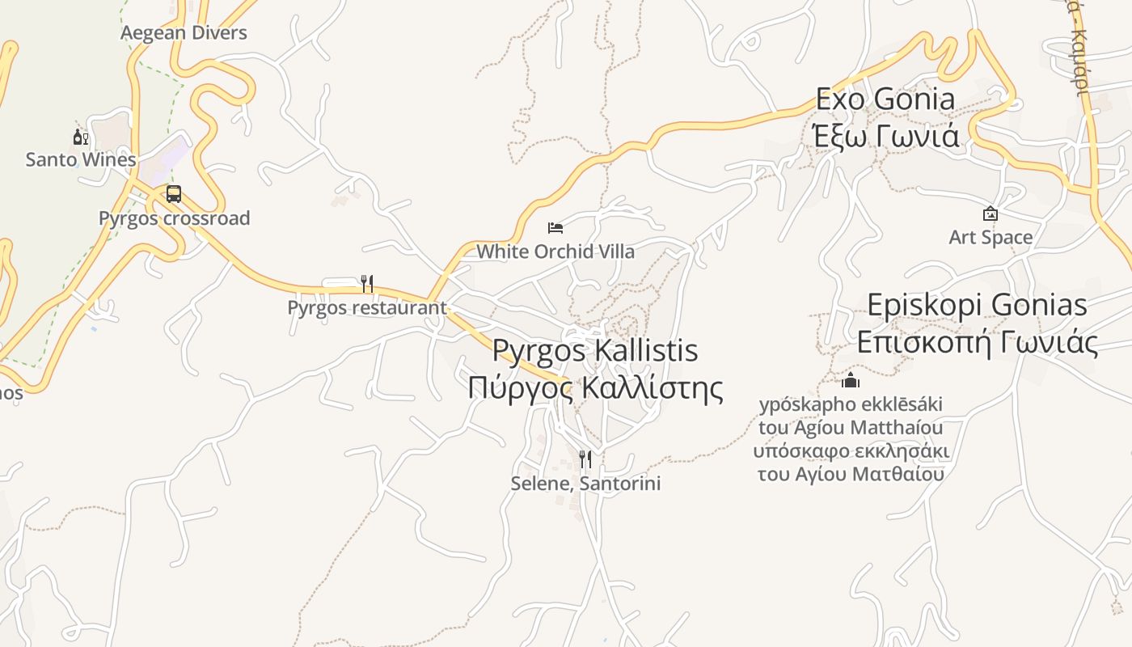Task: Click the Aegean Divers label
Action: click(184, 33)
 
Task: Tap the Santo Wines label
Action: click(81, 159)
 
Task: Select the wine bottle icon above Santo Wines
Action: click(80, 137)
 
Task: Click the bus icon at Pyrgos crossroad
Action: click(174, 194)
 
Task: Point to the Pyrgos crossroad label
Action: click(174, 218)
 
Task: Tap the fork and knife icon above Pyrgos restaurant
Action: click(366, 283)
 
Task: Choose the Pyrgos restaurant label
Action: click(366, 307)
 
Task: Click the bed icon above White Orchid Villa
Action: click(555, 228)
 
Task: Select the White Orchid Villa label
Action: click(555, 252)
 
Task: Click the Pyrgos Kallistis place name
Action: click(595, 350)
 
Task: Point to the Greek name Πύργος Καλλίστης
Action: click(595, 387)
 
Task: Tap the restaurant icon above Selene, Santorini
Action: click(585, 459)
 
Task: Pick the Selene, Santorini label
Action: click(585, 484)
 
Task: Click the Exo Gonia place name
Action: click(885, 99)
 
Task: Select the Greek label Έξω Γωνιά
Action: click(885, 135)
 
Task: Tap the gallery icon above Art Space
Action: click(990, 214)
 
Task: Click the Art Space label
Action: click(990, 237)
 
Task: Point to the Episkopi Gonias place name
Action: click(977, 305)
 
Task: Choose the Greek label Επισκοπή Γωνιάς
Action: click(977, 342)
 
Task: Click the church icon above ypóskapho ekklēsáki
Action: click(851, 380)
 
